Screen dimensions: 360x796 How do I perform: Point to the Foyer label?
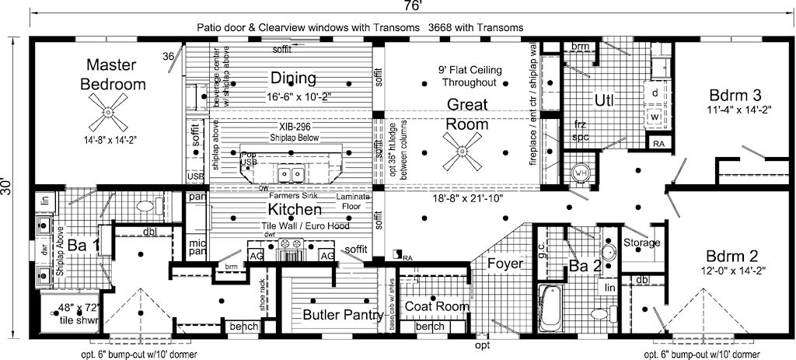tap(504, 264)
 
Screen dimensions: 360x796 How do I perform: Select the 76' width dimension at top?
tap(413, 7)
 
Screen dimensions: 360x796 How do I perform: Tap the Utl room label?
tap(604, 100)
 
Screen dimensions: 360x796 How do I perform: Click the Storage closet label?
tap(641, 243)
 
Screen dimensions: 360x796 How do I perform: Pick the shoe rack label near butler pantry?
tap(264, 293)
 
